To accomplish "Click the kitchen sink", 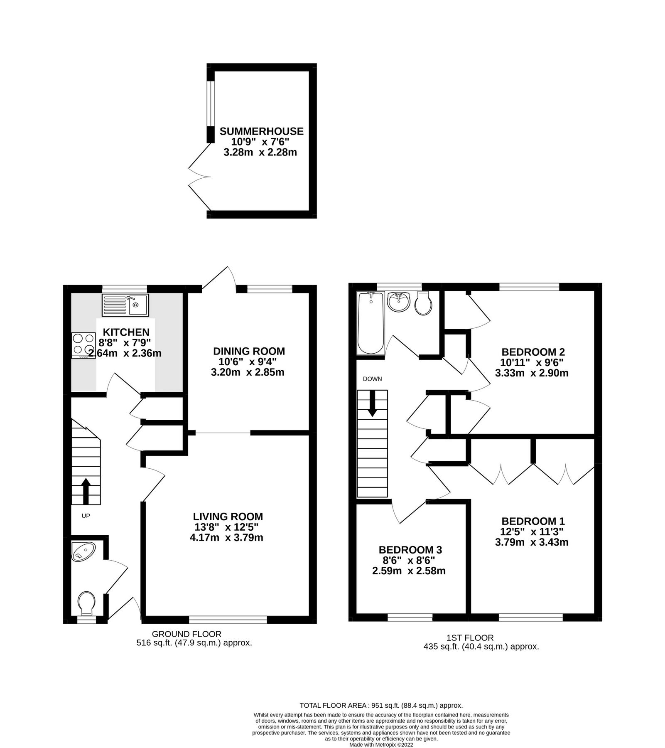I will [x=125, y=305].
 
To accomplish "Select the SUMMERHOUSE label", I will [x=261, y=131].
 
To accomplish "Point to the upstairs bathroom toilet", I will [x=424, y=304].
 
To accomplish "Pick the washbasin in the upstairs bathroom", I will [x=398, y=301].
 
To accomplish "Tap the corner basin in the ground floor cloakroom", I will [x=81, y=552].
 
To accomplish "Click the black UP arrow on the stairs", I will [x=86, y=490].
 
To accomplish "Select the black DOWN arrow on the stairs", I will [x=372, y=403].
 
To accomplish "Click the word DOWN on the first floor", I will [x=372, y=379].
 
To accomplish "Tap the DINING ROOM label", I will [x=249, y=351].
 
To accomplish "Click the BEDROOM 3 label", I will [x=410, y=550].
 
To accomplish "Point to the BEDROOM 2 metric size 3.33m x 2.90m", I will [x=531, y=373].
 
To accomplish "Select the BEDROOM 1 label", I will [x=533, y=521].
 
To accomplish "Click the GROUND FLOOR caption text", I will [x=186, y=634].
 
